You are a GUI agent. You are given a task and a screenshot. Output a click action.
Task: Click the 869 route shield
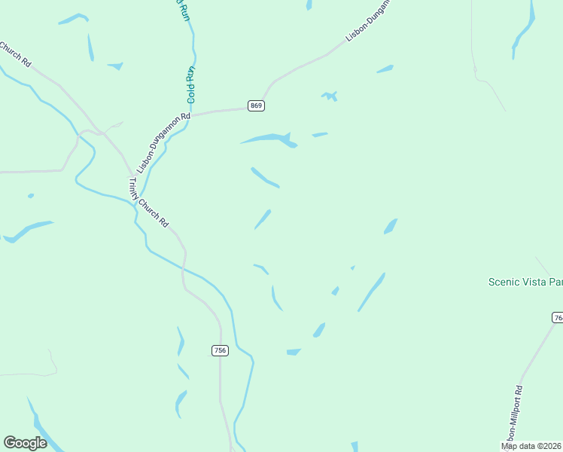tap(256, 105)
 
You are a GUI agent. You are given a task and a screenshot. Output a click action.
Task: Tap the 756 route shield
tap(220, 350)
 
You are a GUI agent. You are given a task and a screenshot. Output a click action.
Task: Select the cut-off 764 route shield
tap(558, 318)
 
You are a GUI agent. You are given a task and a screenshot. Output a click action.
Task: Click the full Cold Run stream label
tap(191, 85)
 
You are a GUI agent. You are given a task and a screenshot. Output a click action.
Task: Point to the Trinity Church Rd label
tap(148, 201)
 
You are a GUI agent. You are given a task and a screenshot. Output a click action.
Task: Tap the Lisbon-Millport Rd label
tap(515, 415)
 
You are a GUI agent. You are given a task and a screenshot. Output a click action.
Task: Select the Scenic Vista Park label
tap(525, 282)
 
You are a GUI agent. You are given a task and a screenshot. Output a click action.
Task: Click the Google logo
tap(25, 443)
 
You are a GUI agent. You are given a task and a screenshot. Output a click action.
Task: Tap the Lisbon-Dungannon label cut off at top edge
tap(369, 20)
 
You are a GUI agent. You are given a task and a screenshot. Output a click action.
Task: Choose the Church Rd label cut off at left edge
tap(15, 54)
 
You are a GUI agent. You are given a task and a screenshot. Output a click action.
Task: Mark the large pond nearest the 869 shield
tap(268, 139)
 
